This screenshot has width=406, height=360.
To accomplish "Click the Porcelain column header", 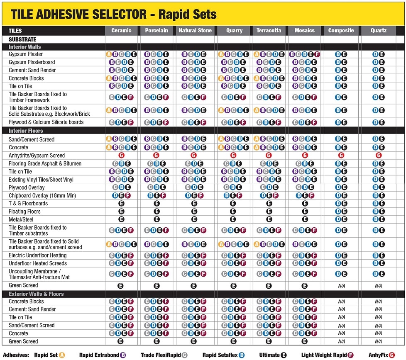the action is point(157,31).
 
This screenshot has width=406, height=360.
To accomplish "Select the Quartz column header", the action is point(379,31).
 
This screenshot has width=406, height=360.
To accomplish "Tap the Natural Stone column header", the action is point(195,31).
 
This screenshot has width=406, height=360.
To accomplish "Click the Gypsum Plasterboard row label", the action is point(32,62).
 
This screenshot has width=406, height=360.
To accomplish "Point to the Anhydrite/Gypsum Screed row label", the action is point(37,156).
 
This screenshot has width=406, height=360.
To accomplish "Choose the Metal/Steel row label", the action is point(21,219).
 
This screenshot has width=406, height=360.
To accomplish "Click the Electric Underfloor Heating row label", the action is point(37,255).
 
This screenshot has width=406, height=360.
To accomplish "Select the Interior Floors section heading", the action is point(26,131).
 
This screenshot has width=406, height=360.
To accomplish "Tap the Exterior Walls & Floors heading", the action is point(36,294).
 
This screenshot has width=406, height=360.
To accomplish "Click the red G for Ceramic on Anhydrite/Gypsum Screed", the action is point(121,155).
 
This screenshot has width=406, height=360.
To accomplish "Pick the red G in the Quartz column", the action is point(379,155).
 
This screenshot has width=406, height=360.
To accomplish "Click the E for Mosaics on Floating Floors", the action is point(305,212).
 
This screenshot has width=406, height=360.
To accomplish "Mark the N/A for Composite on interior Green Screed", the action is point(341,286).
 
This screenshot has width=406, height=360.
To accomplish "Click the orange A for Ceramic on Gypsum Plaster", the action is point(109,54).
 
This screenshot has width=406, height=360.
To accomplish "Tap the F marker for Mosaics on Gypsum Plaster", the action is point(317,54).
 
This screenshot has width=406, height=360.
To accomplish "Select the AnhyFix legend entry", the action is point(382,355).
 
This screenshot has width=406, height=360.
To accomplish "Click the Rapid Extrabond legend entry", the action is point(103,355).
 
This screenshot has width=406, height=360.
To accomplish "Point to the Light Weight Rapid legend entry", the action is point(327,355).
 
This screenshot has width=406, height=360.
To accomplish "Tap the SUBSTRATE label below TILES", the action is point(22,39).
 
